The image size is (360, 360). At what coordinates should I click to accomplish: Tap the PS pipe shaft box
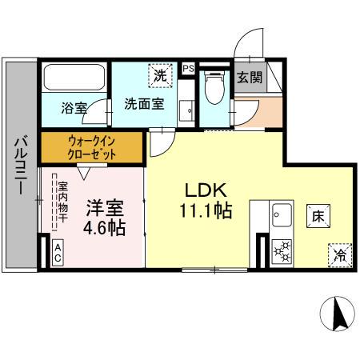click(188, 69)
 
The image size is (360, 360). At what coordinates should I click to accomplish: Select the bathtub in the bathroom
click(74, 78)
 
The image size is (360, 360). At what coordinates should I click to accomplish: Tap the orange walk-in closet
click(91, 148)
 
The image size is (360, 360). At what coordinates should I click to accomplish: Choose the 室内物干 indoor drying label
click(62, 206)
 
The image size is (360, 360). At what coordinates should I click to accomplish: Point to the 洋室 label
click(104, 209)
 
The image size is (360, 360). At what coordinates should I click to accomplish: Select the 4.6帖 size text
click(104, 229)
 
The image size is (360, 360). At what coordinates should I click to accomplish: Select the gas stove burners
click(281, 250)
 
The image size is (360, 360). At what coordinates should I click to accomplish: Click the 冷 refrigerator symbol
click(338, 257)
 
